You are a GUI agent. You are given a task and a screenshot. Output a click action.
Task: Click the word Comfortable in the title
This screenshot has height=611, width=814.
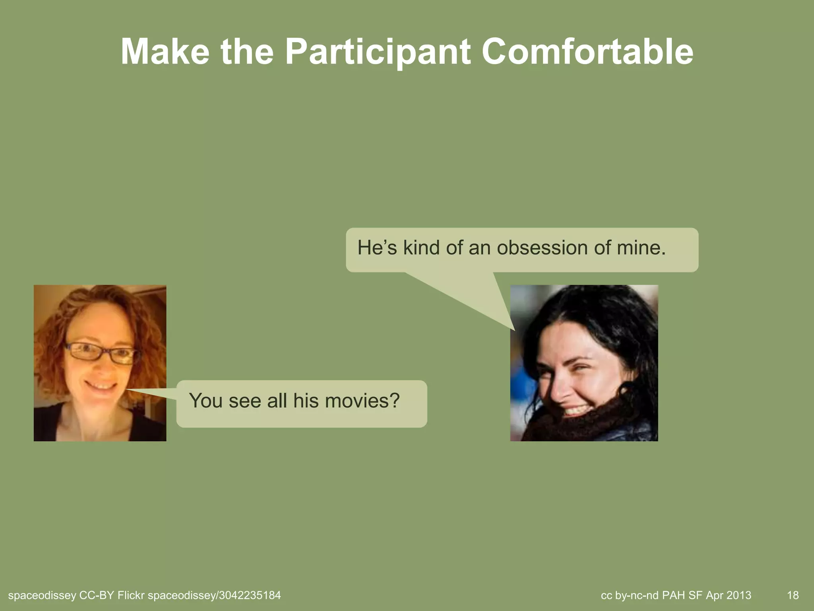pos(587,53)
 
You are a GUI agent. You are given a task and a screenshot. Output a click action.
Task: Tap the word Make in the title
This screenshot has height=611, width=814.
pos(165,53)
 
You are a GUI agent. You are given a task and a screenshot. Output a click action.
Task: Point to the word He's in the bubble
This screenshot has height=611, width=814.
pos(377,248)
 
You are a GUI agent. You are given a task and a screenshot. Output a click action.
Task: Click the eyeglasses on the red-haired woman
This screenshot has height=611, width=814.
pos(101,352)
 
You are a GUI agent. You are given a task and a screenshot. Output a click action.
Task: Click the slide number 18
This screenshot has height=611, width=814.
pos(793,595)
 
